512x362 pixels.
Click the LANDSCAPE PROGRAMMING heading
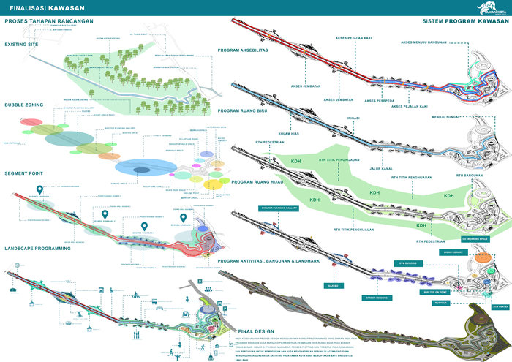(x=37, y=248)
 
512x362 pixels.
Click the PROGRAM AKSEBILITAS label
(x=250, y=50)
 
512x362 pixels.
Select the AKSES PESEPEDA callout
(x=380, y=100)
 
